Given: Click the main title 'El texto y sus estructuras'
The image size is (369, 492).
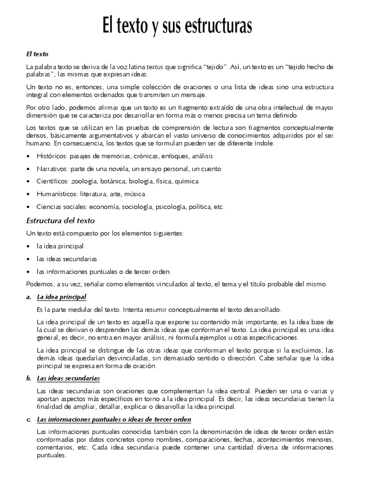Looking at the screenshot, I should pos(177,25).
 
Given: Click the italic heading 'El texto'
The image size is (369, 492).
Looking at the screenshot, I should pos(37,54).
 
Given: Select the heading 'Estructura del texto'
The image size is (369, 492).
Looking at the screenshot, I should pos(61,221).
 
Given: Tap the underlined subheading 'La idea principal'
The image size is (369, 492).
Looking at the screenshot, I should pos(61,297).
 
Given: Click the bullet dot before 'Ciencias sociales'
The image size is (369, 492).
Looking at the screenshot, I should pos(29,207).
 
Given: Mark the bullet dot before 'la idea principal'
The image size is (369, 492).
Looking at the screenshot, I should pos(29,246).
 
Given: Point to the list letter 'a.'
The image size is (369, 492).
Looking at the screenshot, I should pos(29,297).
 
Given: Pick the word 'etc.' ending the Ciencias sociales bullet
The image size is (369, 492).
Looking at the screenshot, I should pos(219,207).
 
